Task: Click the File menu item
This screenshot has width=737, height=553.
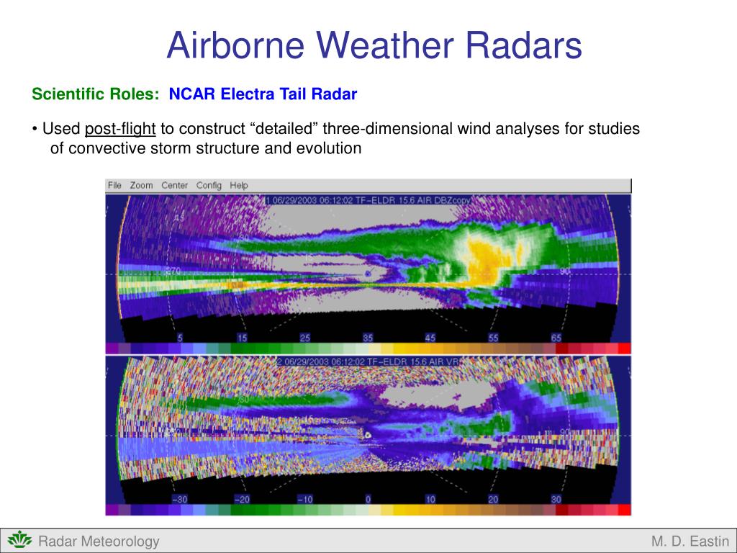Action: [114, 185]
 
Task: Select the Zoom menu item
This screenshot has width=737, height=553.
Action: [141, 185]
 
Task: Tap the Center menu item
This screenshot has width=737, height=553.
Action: [174, 185]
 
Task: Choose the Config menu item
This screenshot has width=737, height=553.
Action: [209, 185]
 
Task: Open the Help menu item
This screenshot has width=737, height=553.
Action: [239, 185]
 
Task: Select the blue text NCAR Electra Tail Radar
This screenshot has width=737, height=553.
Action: [263, 94]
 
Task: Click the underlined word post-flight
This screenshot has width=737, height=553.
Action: [120, 130]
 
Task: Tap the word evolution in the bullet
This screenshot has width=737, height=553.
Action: [325, 148]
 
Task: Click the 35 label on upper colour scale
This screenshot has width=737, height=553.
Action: [368, 338]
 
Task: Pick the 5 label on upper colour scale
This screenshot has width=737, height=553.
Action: [181, 338]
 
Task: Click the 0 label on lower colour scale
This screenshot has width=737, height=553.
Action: [368, 499]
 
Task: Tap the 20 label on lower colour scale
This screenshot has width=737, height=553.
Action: [493, 499]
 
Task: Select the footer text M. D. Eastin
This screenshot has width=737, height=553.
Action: [690, 541]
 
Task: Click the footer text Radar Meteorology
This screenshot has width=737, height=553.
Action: [99, 541]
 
